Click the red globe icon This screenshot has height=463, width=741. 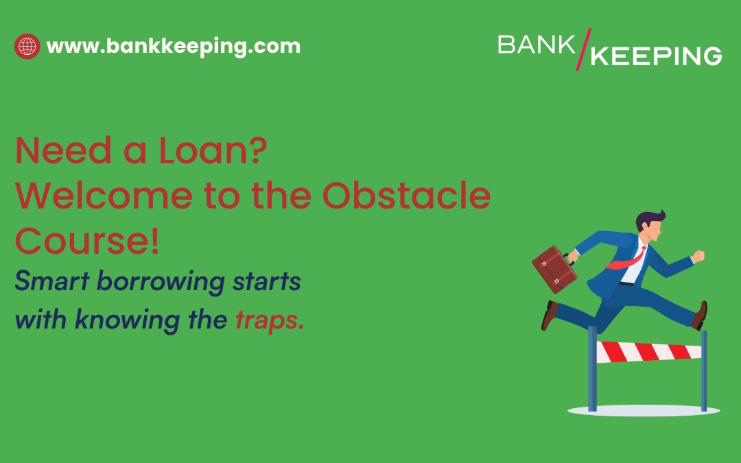coord(27,47)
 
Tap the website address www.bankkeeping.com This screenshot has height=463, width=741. coord(173,47)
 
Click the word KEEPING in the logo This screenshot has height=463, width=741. coord(656,56)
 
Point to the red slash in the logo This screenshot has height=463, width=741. coord(582,49)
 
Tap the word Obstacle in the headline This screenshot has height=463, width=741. coord(406,197)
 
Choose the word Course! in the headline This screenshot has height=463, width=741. coord(87,242)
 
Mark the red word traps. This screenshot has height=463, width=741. coord(270,320)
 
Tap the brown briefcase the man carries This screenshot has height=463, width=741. coord(554,268)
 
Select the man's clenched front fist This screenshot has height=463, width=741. coord(698,257)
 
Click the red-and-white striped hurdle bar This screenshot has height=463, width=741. coord(648,352)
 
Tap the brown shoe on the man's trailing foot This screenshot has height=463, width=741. coord(550,315)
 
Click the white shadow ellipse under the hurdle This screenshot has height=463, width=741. coord(643,410)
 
